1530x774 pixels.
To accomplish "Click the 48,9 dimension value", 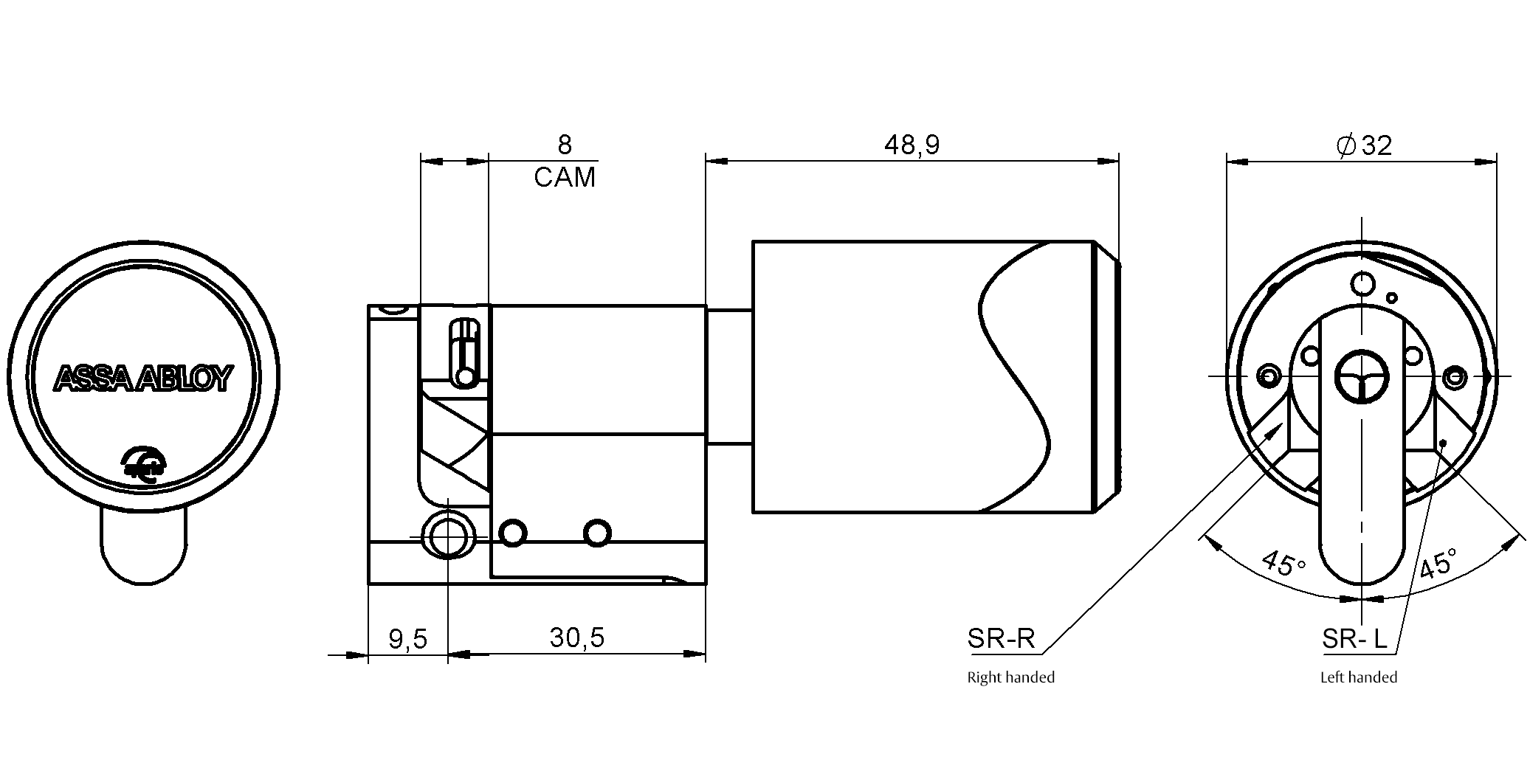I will coord(912,145).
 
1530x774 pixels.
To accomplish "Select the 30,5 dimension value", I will coord(576,637).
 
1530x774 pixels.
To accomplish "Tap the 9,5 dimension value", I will coord(407,639).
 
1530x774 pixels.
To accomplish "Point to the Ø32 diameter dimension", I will coord(1363,145).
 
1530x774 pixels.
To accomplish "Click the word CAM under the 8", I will coord(565,178).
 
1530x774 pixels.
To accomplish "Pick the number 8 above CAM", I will coord(565,145).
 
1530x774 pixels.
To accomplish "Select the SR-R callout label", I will coord(1001,638).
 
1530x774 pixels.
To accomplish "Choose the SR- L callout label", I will coord(1355,639).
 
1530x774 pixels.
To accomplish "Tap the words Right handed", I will coord(1010,677).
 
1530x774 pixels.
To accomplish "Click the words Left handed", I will coord(1358,677).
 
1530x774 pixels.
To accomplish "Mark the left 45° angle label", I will coord(1283,563).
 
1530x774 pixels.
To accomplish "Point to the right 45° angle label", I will coord(1437,563).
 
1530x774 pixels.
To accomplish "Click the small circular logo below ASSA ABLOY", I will coord(145,463).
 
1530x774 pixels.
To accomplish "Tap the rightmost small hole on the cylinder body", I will coord(596,532).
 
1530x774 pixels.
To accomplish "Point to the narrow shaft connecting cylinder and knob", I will coord(729,376).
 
